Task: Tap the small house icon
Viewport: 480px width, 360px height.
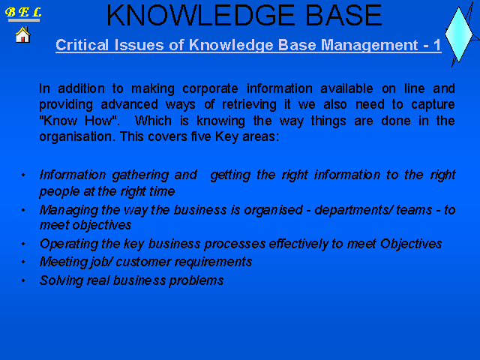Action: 22,34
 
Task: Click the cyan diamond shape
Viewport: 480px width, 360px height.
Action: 458,34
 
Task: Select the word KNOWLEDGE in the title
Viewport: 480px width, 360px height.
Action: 201,15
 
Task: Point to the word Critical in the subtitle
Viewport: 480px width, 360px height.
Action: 82,45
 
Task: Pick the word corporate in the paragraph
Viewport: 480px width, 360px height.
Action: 210,88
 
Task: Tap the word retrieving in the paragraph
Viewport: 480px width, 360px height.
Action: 249,105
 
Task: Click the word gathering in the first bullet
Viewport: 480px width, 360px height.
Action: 140,175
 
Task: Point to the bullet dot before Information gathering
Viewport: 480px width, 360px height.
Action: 23,175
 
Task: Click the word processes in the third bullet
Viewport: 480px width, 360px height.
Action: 235,244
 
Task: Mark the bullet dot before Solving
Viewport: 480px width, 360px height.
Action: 23,280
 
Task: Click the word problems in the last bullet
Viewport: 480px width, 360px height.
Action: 196,280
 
